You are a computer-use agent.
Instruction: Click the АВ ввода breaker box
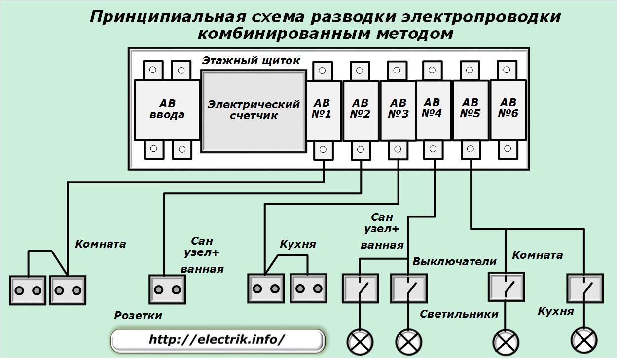point(167,110)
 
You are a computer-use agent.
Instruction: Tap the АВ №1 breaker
point(324,110)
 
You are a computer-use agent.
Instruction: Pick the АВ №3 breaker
point(398,110)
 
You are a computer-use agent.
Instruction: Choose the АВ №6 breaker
point(508,110)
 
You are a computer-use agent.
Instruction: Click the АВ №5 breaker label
point(470,108)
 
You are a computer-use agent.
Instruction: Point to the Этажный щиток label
point(251,60)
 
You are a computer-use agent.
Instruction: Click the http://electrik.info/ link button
point(218,340)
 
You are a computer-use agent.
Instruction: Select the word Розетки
point(138,316)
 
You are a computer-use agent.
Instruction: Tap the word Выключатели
point(454,262)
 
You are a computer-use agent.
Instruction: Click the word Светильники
point(459,314)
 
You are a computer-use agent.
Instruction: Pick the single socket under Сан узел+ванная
point(167,289)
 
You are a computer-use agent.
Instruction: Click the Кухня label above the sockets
point(298,244)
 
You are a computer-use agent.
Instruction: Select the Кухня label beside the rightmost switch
point(556,311)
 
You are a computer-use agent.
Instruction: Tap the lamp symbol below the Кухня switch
point(584,340)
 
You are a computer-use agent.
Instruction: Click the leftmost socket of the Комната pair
point(28,290)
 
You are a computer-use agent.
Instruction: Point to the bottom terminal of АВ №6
point(508,149)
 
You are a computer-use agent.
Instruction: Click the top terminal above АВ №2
point(360,71)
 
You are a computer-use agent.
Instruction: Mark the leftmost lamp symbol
point(360,342)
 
